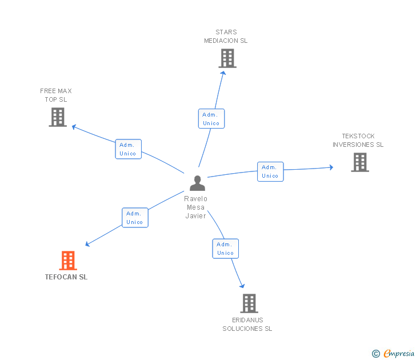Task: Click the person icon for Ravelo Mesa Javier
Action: pyautogui.click(x=197, y=183)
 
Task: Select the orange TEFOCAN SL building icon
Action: pyautogui.click(x=68, y=260)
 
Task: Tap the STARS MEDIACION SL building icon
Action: pyautogui.click(x=227, y=58)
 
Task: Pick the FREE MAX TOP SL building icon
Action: pyautogui.click(x=58, y=117)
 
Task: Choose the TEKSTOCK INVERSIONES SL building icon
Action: pyautogui.click(x=360, y=162)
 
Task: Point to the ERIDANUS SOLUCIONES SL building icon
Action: pyautogui.click(x=249, y=303)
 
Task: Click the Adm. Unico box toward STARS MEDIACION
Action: pyautogui.click(x=211, y=119)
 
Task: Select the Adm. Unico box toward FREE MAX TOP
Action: pyautogui.click(x=129, y=149)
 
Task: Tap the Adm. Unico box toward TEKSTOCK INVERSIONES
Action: pyautogui.click(x=270, y=171)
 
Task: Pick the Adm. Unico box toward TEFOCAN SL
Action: pyautogui.click(x=135, y=218)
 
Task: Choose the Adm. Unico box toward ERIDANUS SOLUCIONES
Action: pyautogui.click(x=226, y=249)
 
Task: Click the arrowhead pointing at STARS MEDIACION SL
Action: pyautogui.click(x=223, y=73)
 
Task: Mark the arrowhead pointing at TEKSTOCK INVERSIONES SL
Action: pyautogui.click(x=331, y=167)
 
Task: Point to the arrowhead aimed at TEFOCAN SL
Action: pyautogui.click(x=87, y=244)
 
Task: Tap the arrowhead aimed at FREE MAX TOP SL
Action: pyautogui.click(x=74, y=127)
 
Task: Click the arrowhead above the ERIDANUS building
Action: pyautogui.click(x=242, y=286)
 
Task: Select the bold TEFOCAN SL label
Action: pyautogui.click(x=66, y=277)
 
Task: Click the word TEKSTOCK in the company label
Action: pyautogui.click(x=358, y=136)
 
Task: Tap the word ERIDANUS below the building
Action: pyautogui.click(x=247, y=320)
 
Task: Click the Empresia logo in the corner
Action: pyautogui.click(x=393, y=353)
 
